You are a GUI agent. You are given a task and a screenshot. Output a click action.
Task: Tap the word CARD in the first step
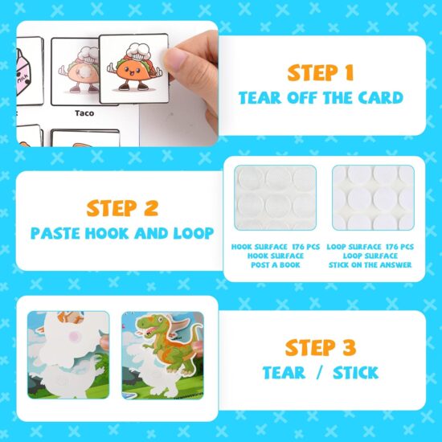click(379, 98)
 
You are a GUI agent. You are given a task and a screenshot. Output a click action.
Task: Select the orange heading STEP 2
click(123, 209)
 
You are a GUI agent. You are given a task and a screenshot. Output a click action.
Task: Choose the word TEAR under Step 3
click(284, 373)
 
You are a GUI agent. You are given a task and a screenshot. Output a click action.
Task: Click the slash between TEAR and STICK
click(318, 373)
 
